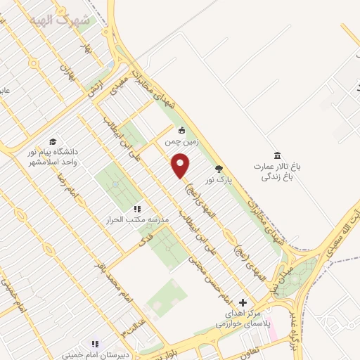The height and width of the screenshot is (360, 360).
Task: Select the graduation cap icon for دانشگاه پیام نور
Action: [x=53, y=141]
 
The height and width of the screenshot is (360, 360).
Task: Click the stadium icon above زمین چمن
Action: [x=181, y=129]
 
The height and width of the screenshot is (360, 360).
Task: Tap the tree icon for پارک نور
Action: [x=218, y=169]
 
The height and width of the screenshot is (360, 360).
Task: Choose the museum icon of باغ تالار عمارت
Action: [x=276, y=154]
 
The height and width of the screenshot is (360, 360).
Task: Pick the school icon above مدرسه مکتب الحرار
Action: [x=137, y=209]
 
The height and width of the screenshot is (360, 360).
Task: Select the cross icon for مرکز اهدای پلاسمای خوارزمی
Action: [x=243, y=302]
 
